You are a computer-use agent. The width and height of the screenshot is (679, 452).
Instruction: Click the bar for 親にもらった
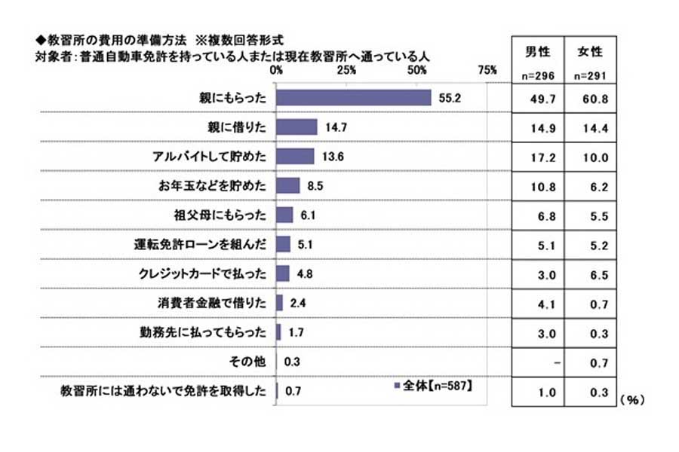(353, 98)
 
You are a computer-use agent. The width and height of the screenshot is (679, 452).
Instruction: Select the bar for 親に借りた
(296, 127)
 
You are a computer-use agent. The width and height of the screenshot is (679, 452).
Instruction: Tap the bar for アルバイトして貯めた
(295, 156)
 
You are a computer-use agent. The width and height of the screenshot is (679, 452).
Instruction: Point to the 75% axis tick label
(487, 70)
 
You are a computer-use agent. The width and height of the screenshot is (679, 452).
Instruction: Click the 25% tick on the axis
(346, 70)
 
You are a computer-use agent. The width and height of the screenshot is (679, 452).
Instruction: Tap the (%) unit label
(632, 400)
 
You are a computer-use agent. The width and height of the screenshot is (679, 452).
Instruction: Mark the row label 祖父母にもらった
(228, 215)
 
